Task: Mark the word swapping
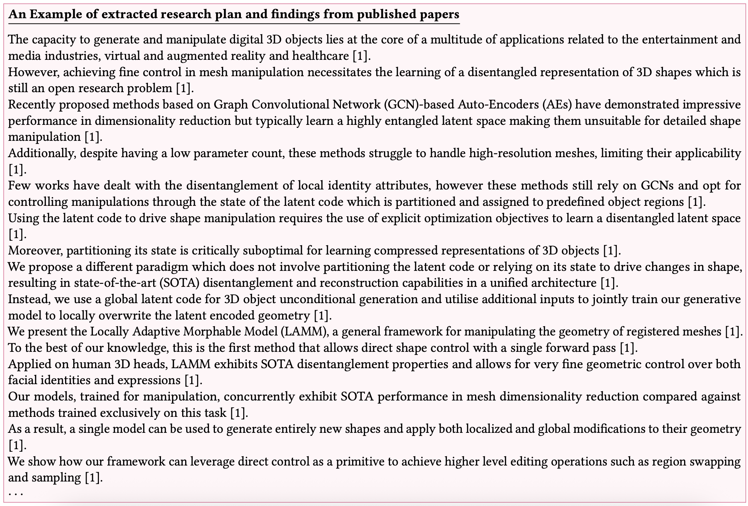713,461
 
